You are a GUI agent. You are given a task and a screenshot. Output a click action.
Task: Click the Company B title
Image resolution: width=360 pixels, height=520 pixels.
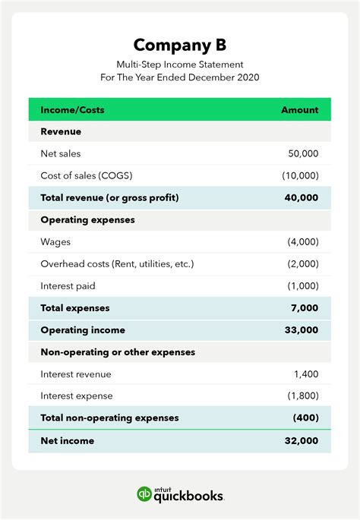point(179,45)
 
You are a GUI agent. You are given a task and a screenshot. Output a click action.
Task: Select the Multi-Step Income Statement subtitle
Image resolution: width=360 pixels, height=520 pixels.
point(179,65)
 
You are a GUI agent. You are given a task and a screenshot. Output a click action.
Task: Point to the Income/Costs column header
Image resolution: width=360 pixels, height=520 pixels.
point(72,110)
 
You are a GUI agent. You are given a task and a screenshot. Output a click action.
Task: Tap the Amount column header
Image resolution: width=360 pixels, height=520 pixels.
point(299,110)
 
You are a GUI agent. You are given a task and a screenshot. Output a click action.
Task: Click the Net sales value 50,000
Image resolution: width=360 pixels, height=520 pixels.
point(303,154)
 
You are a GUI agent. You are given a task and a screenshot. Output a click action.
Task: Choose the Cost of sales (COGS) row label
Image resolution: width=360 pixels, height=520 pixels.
point(86,176)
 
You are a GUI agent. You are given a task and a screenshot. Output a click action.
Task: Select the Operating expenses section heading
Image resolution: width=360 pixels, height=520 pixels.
point(87,220)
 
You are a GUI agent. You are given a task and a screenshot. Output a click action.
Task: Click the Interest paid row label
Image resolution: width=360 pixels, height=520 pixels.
point(68,286)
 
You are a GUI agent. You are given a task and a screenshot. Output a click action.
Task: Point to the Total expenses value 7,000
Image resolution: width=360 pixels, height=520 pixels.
point(305,308)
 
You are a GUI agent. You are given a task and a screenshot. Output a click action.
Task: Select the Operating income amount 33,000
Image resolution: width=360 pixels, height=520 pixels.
point(302,330)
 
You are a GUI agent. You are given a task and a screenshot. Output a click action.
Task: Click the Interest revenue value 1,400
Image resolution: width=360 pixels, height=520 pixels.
point(306,374)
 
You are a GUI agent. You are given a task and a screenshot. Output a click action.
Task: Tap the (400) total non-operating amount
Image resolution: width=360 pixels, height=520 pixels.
point(305,418)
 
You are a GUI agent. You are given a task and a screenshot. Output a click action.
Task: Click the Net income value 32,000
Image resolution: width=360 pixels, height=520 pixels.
point(302,440)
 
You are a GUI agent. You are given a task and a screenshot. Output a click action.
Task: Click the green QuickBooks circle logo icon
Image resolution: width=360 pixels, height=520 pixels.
point(144,494)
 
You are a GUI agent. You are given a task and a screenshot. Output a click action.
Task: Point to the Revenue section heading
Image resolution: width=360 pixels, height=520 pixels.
point(61,132)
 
